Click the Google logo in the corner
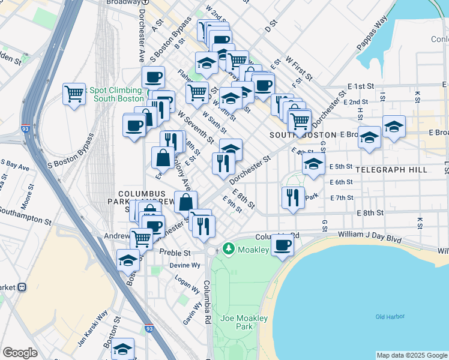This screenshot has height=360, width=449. pos(20,353)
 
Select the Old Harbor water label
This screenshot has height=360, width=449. pos(390,316)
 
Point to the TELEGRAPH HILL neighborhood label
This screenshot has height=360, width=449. pos(391,170)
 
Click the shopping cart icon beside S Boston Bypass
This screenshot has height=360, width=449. pos(74,94)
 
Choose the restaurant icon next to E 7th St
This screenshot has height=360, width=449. pos(292,197)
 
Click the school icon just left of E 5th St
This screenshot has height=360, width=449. pos(313,164)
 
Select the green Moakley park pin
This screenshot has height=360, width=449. pos(228,248)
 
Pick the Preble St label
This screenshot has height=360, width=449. pos(175,253)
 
